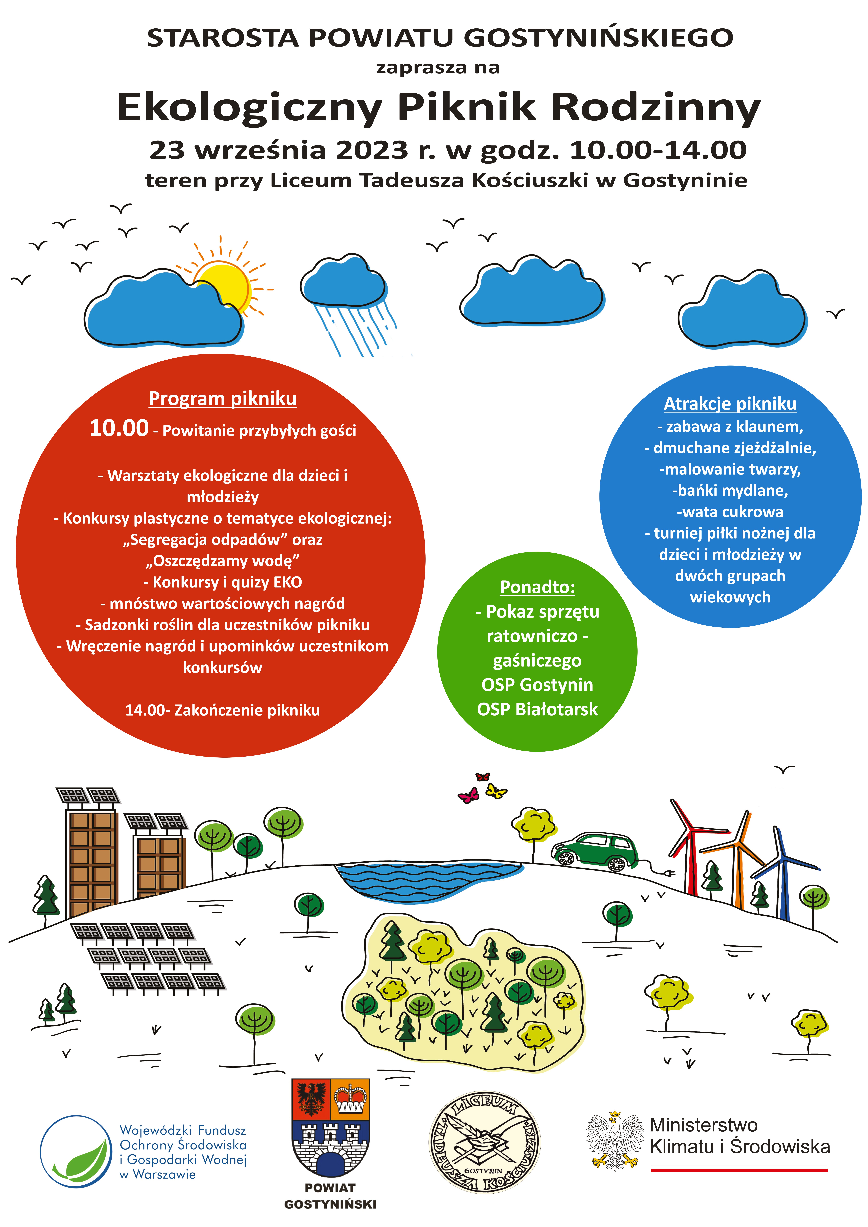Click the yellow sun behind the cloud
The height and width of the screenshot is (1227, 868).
click(x=227, y=283)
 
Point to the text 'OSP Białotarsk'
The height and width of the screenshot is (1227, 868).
click(x=537, y=709)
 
